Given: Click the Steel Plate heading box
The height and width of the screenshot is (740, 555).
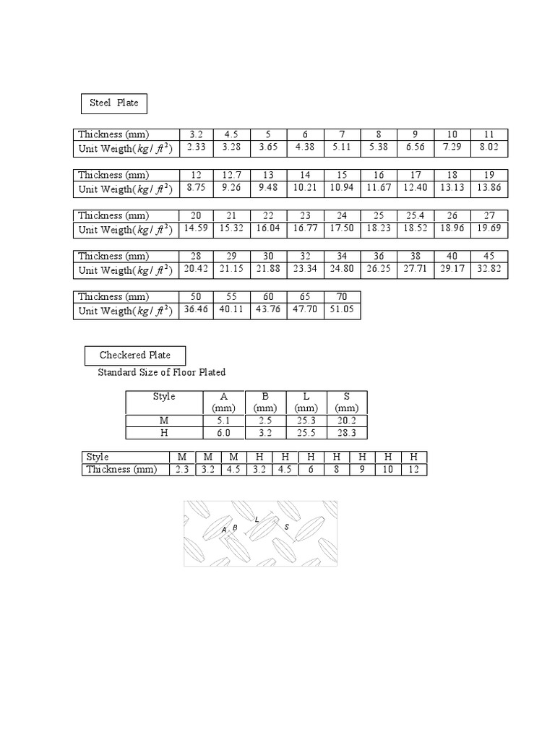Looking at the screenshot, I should pos(113,103).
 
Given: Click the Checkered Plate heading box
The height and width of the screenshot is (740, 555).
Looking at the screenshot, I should pos(134,356).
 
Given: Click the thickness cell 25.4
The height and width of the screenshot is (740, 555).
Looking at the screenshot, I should pos(416,215).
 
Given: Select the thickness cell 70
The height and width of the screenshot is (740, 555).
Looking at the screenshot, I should pos(342,296).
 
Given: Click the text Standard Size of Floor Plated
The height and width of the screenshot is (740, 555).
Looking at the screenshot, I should pos(162,373).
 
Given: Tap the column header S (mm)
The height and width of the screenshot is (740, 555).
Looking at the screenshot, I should pos(347,403).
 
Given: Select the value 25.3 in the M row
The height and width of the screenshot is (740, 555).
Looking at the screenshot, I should pos(306,421).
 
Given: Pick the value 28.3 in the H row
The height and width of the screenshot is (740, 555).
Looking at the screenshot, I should pos(347,433).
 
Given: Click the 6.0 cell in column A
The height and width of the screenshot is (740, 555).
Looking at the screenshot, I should pos(224,433).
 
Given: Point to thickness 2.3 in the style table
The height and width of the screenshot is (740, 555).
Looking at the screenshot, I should pos(181,470).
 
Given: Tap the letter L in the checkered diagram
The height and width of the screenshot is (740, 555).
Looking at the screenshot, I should pos(257,519).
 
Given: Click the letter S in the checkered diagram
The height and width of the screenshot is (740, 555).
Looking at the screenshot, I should pos(287,527).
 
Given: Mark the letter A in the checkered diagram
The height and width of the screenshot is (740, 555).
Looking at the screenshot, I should pos(224,530).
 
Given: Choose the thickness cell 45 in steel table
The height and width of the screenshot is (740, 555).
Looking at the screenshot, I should pos(489,256).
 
